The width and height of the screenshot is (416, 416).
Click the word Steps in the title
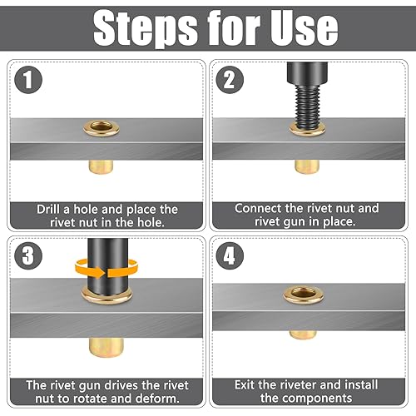pos(145,27)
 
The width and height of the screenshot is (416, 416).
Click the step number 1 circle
pos(28,80)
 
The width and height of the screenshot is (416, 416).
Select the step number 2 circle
pos(230,80)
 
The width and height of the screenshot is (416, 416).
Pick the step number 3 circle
pos(28,255)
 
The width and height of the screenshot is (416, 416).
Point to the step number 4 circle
pos(230,255)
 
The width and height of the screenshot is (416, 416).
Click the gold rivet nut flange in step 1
pos(102,128)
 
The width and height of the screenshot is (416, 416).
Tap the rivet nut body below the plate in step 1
pos(101,167)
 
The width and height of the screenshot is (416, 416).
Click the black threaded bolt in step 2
pos(307,97)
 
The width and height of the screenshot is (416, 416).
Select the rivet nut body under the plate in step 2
pos(307,166)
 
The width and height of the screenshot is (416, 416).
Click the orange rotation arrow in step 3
pos(106,268)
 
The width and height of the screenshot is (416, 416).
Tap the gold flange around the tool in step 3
pos(106,297)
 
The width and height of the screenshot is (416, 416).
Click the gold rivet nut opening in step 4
pos(304,295)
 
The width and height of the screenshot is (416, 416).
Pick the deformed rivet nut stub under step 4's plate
pos(303,335)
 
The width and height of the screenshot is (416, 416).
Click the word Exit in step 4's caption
pos(245,385)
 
